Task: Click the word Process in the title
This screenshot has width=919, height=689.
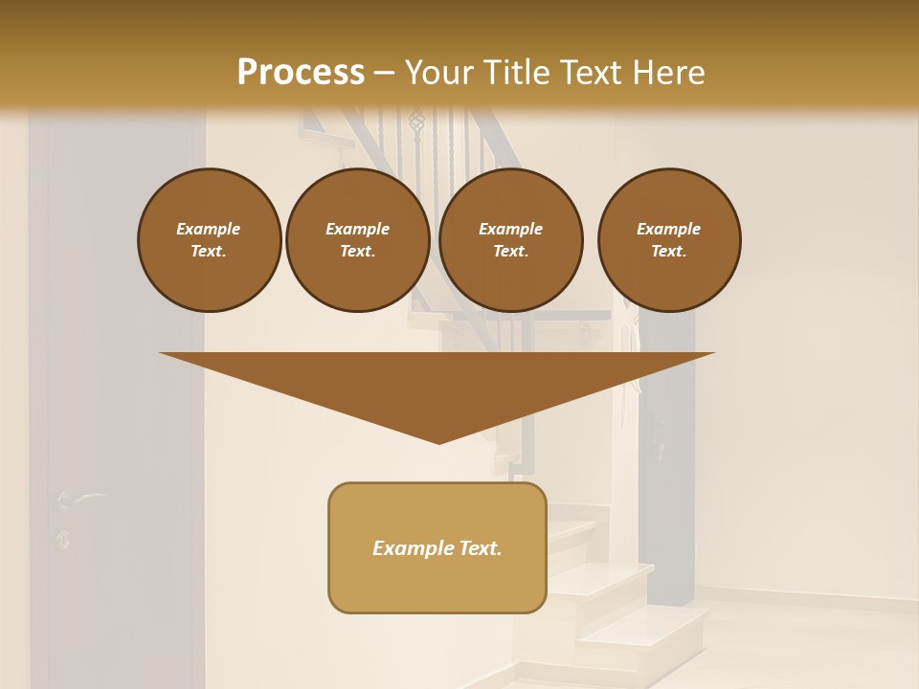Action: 301,73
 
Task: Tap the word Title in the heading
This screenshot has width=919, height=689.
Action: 518,73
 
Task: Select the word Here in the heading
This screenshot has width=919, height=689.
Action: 667,73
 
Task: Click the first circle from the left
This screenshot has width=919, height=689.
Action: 209,239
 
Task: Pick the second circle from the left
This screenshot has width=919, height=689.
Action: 357,239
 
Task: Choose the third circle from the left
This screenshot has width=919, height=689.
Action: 510,239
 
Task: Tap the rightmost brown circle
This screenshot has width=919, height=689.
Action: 668,239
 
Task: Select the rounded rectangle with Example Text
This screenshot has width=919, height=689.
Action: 437,547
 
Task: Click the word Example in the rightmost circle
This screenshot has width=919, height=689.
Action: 668,229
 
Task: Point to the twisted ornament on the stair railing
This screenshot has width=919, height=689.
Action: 415,122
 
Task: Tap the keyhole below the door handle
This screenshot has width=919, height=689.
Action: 63,538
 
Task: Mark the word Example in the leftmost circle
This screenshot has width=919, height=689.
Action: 209,229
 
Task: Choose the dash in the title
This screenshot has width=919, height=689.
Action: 385,73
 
